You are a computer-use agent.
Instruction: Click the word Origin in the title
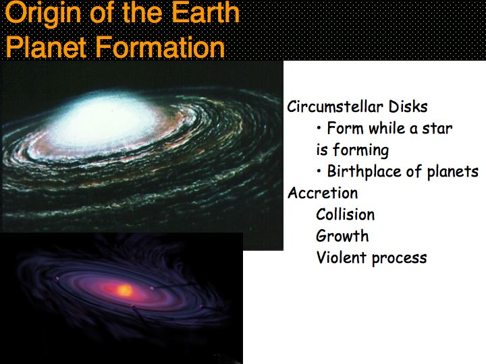[43, 13]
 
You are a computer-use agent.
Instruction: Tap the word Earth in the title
[206, 12]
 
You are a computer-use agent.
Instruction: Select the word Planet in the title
[46, 47]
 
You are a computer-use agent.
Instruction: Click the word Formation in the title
[160, 47]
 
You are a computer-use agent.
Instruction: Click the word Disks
[408, 107]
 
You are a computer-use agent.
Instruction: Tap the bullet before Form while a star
[319, 127]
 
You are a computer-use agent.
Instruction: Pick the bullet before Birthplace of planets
[319, 171]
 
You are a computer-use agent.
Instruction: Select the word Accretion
[323, 193]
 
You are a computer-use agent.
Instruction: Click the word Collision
[346, 214]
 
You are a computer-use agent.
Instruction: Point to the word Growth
[342, 236]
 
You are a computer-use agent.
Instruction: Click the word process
[400, 258]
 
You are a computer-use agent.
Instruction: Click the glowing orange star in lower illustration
[125, 291]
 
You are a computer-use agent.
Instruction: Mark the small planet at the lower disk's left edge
[57, 278]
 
